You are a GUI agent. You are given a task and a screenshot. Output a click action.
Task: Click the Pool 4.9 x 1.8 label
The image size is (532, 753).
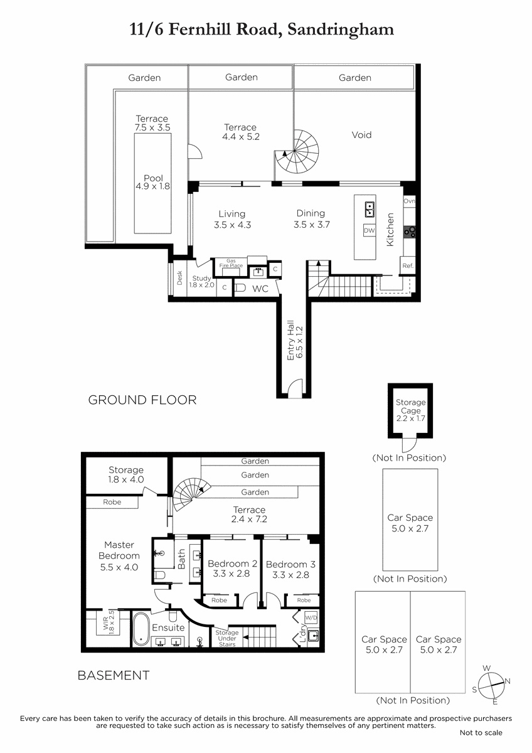pos(153,182)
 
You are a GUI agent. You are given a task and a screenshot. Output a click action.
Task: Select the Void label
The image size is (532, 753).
pos(361,135)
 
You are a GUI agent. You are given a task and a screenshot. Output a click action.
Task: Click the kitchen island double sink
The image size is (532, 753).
pos(370,209)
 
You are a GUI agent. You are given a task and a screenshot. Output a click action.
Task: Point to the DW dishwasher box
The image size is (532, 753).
pos(370,231)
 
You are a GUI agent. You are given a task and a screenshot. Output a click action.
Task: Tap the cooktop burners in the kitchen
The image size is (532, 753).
pos(410,232)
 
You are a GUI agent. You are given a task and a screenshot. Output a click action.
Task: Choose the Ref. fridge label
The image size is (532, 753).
pos(408,265)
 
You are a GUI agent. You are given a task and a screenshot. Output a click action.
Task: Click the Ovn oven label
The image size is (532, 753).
pos(409,201)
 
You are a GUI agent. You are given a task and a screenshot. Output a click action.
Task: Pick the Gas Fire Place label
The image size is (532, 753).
pos(231,263)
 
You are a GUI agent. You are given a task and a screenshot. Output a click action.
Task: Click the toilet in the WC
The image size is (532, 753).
pos(240,288)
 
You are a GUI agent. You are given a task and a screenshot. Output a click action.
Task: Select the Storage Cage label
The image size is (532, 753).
pos(411,407)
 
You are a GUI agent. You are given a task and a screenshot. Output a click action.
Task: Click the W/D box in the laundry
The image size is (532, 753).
pos(311,617)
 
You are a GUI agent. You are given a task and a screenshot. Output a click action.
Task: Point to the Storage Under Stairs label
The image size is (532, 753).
pos(227,638)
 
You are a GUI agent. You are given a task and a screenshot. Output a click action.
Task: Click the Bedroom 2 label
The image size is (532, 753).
pos(233,563)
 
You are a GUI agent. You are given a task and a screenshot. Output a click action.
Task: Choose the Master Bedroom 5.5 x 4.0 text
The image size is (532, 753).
pos(119,556)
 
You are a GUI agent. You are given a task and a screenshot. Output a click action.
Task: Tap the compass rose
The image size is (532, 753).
pos(491,686)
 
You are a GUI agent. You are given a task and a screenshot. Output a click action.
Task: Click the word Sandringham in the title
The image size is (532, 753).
pos(341,29)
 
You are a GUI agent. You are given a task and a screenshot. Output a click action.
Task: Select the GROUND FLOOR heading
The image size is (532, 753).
pos(142,400)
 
